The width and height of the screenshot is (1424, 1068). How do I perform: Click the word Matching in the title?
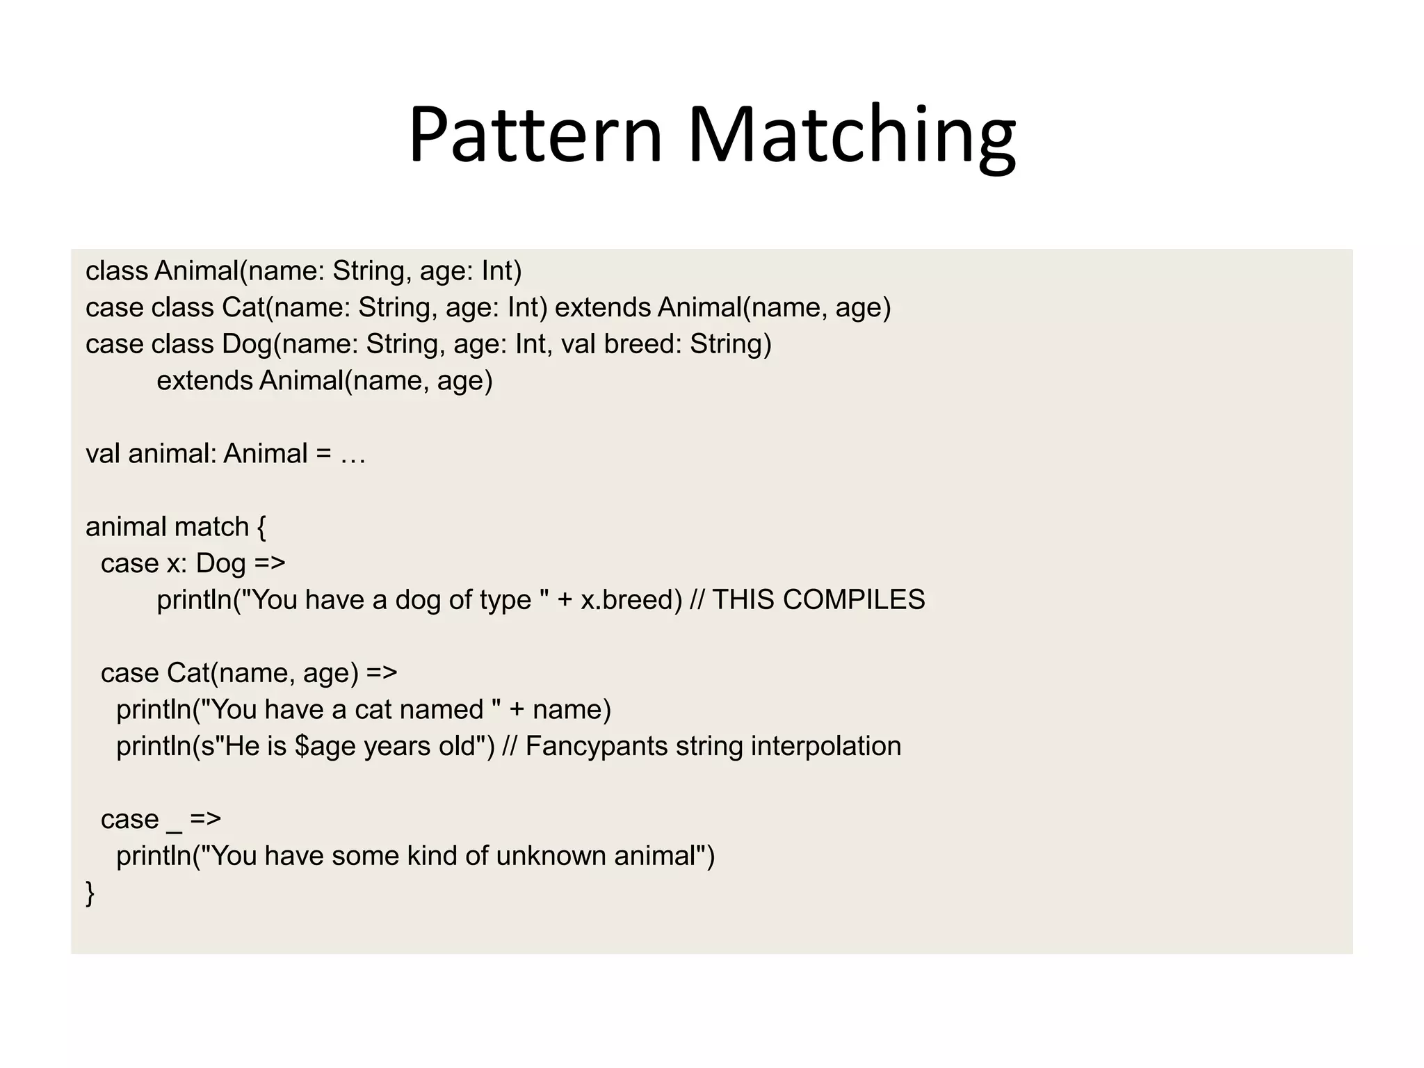click(852, 136)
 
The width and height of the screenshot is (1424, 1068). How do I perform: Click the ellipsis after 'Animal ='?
click(353, 455)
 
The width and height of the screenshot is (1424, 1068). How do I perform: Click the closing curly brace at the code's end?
click(90, 893)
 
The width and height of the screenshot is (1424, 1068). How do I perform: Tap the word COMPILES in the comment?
click(854, 600)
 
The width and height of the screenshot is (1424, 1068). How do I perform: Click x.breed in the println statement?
click(631, 600)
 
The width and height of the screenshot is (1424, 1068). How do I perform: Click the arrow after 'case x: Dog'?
click(270, 563)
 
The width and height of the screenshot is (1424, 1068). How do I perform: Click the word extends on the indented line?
click(204, 381)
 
